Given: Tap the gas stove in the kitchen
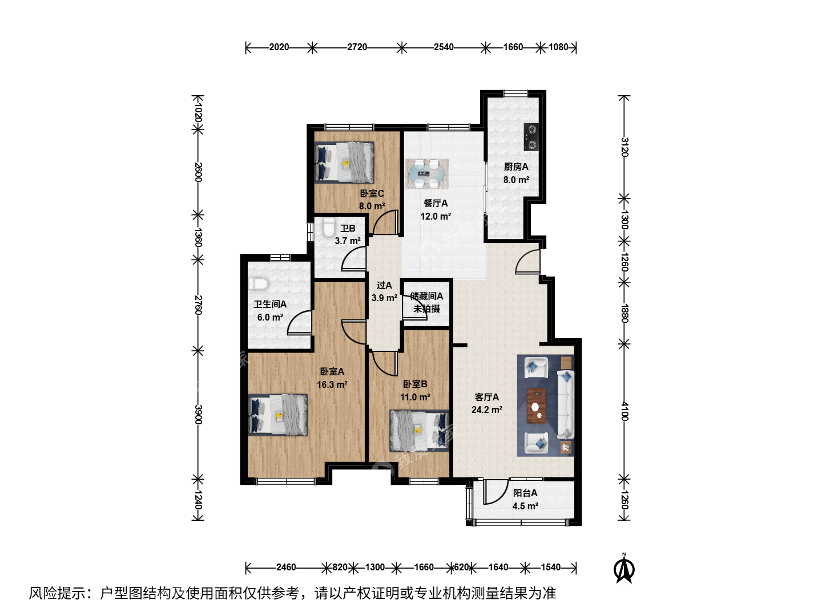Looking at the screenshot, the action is tap(531, 137).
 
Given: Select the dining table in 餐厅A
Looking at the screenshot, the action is tap(426, 173).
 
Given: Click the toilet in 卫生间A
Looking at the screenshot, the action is tap(258, 284).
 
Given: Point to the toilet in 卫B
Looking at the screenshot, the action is tap(328, 227).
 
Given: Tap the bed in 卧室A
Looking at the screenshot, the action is tap(277, 415).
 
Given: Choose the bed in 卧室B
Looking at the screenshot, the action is tap(419, 431).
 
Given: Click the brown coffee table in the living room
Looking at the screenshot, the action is tap(536, 406).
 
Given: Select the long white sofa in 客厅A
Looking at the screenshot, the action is tap(566, 404).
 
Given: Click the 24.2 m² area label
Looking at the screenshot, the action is tap(486, 410).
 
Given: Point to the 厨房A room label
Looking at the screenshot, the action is tap(515, 167).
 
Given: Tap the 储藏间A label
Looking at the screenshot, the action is tap(426, 296).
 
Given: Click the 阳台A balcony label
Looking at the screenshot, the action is tap(525, 493).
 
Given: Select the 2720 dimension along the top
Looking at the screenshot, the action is tap(357, 47).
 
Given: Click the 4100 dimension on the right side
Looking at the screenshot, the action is tap(624, 411).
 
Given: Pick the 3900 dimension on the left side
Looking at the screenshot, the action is tap(198, 415).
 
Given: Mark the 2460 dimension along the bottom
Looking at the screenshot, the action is tap(286, 568).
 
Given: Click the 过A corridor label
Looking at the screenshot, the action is tap(384, 285).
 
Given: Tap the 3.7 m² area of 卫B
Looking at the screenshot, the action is tap(348, 241).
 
